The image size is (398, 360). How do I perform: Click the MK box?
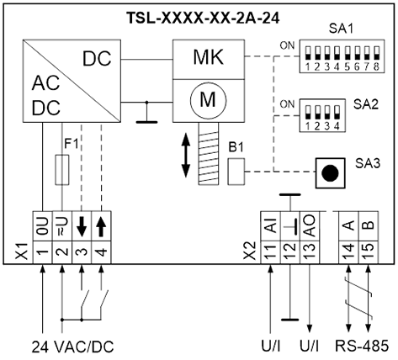click(x=208, y=60)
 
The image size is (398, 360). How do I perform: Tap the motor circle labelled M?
click(x=208, y=99)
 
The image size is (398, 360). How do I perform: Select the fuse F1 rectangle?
click(x=62, y=170)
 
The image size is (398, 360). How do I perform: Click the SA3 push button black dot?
click(x=330, y=173)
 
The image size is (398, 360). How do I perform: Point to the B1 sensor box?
click(x=236, y=172)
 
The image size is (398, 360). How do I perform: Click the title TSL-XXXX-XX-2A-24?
click(x=204, y=19)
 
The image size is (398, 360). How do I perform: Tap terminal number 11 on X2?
click(x=270, y=252)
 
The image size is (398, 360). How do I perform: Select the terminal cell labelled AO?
click(x=310, y=226)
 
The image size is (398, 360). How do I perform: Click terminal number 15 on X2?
click(x=369, y=252)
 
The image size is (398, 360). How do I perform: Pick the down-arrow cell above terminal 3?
click(x=82, y=226)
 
